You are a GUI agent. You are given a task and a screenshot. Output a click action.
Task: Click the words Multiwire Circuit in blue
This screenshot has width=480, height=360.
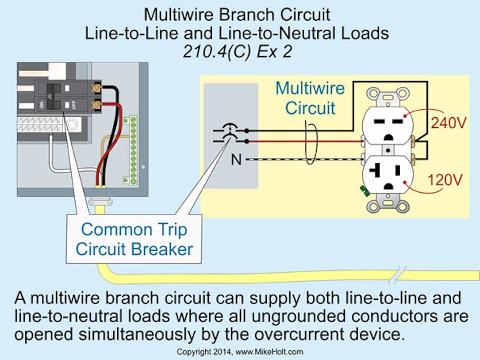[x=310, y=98]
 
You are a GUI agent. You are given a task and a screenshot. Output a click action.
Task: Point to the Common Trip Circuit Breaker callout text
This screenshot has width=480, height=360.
[x=134, y=239]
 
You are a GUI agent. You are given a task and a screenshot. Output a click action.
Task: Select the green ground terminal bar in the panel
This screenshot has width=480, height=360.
[x=133, y=149]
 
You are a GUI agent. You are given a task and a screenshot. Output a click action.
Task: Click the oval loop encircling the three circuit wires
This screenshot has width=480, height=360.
[x=311, y=144]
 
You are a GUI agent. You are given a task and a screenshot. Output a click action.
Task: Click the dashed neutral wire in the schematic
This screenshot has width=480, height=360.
[x=303, y=160]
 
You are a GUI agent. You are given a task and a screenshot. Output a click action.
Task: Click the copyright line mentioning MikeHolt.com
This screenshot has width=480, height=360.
[x=239, y=351]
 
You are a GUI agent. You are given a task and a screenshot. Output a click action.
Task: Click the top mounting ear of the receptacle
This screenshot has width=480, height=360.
[x=388, y=93]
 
